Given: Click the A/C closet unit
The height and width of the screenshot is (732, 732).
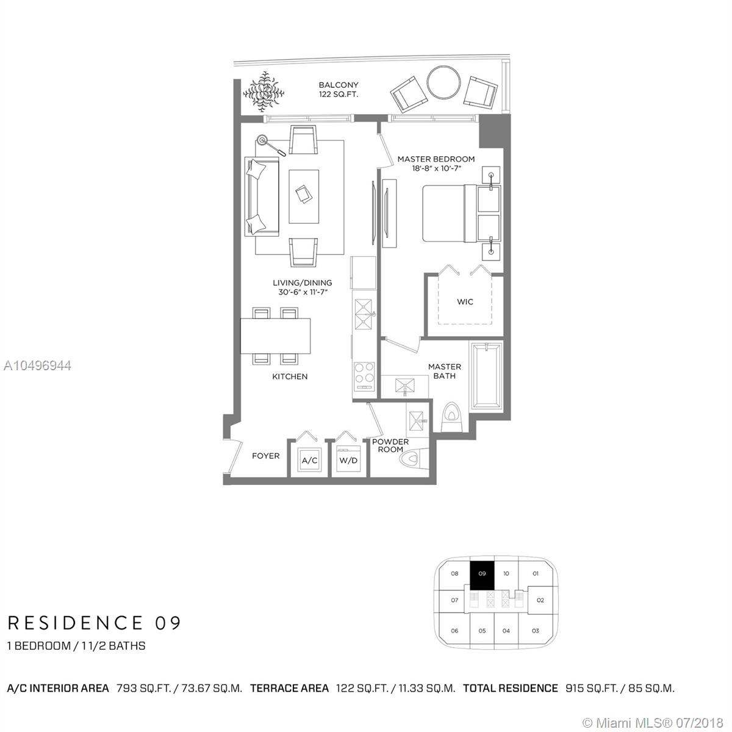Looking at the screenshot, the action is pos(310,460).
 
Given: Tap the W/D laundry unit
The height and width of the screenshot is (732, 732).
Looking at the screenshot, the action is pos(348,459).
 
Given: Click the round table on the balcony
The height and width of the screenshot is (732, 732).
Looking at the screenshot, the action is pos(443,83).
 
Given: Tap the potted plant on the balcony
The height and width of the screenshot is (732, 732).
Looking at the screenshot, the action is pos(264,91).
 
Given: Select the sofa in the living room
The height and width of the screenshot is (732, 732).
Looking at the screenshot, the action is pos(262,197).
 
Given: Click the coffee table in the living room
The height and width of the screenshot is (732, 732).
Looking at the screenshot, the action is pos(304,196).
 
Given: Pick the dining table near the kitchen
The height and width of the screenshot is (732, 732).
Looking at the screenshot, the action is pos(275,335).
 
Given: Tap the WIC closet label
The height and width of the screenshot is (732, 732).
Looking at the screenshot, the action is pos(465,301).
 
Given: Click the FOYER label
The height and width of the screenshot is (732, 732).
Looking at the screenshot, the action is pos(265,456).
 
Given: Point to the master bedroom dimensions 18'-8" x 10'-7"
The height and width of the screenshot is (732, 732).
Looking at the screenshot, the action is pos(437,168).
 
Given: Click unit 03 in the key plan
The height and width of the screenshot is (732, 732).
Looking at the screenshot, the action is pos(535,631).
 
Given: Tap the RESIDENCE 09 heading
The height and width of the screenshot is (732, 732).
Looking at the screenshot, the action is pos(94,623).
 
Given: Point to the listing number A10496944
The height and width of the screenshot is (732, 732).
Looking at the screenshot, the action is pos(37,365).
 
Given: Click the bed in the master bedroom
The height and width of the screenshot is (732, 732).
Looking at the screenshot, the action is pos(462,213).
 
